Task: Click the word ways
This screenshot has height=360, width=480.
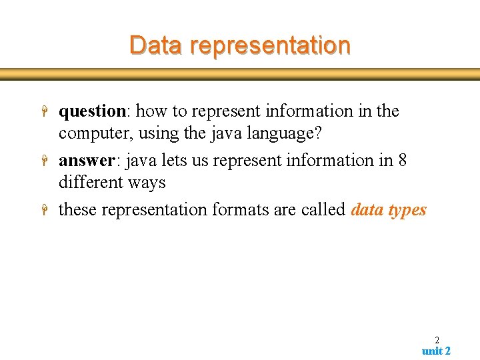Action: (148, 182)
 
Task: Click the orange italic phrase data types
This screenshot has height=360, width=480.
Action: (388, 210)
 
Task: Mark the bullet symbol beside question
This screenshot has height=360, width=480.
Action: (43, 112)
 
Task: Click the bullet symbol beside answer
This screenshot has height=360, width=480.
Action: (43, 161)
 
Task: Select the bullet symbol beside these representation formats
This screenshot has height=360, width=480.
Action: (43, 211)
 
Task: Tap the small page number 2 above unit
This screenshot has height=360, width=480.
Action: (437, 339)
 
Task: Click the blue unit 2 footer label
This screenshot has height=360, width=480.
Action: (436, 351)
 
